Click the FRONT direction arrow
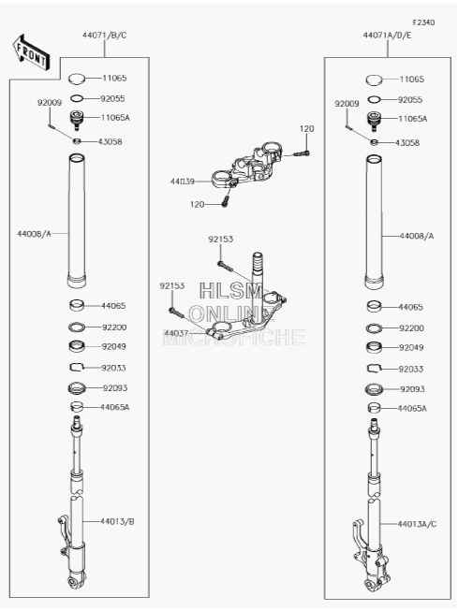coord(30,53)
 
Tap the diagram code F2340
coord(423,22)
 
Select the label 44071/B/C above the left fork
coord(105,35)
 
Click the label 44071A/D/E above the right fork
coord(387,35)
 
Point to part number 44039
coord(183,182)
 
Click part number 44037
coord(176,333)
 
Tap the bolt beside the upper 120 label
coord(302,153)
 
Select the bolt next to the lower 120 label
coord(225,201)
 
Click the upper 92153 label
coord(220,240)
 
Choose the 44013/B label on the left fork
coord(117,521)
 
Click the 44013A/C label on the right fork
coord(417,524)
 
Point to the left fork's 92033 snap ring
coord(77,368)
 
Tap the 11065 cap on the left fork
coord(77,79)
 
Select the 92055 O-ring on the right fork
coord(374,100)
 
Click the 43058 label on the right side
coord(407,143)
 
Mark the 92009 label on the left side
coord(50,103)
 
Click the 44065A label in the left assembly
coord(114,407)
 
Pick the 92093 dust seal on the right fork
coord(375,389)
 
